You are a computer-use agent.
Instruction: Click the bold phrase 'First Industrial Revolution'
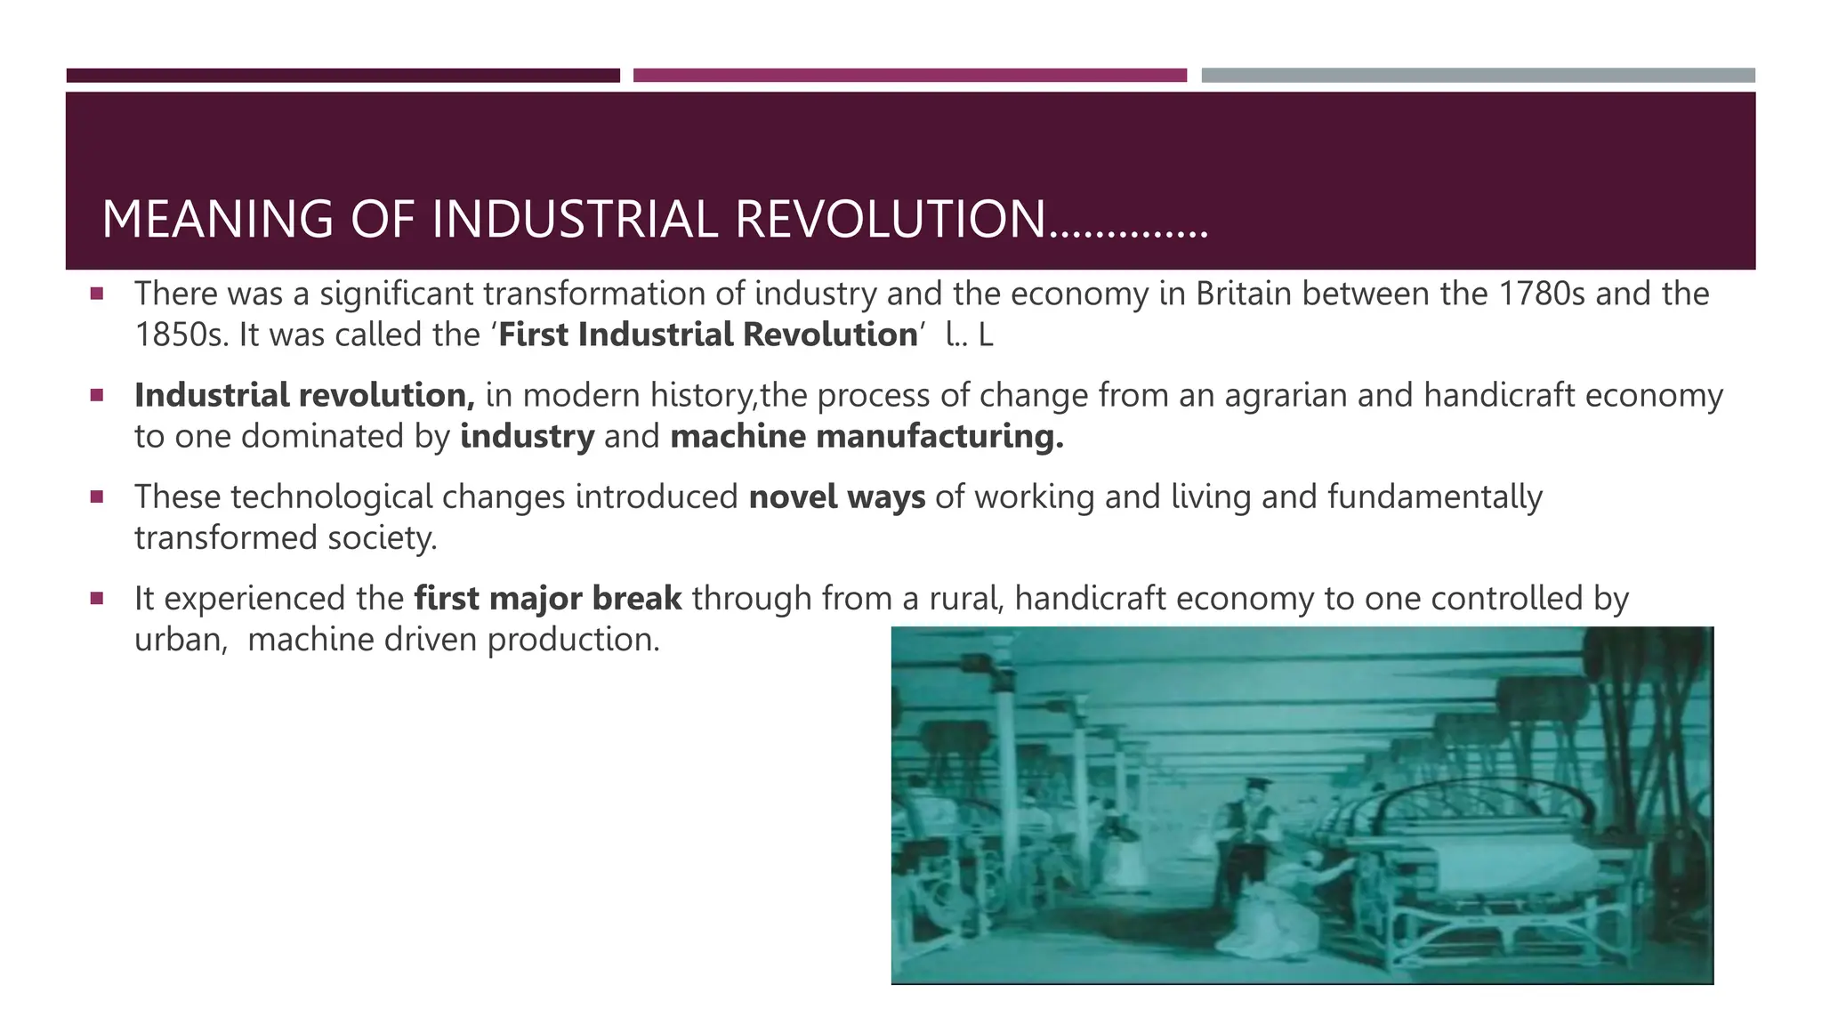click(708, 335)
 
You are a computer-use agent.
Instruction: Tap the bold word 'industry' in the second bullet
click(527, 436)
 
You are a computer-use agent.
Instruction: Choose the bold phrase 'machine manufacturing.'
click(867, 436)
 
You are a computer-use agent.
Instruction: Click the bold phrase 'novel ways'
click(836, 496)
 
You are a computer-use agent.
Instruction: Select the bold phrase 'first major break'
click(548, 598)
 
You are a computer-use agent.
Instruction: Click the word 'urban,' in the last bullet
click(181, 639)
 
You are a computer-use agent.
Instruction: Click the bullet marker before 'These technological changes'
click(97, 496)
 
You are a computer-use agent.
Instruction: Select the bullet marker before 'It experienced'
click(97, 597)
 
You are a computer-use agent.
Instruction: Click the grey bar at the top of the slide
click(1478, 76)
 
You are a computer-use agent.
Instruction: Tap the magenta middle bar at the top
click(909, 76)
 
